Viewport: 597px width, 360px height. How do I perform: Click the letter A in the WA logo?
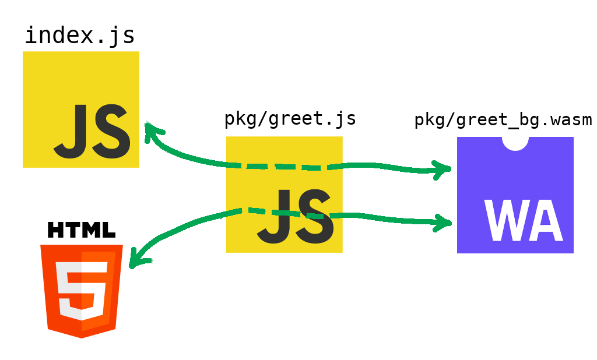click(545, 221)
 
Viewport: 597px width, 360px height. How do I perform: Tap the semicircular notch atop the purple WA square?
click(515, 142)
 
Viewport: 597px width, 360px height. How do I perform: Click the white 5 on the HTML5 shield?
click(82, 290)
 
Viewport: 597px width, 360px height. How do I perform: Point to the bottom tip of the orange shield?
click(82, 337)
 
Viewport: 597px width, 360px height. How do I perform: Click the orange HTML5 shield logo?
click(82, 290)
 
